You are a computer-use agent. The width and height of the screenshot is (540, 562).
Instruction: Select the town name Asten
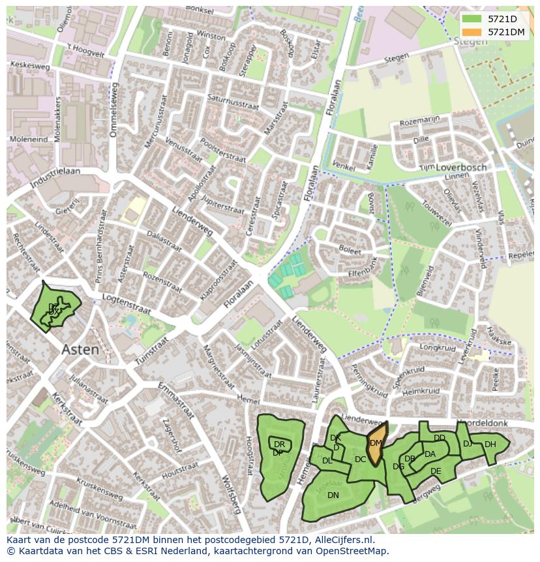pyautogui.click(x=80, y=350)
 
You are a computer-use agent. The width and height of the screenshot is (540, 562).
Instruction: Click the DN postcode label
pyautogui.click(x=333, y=495)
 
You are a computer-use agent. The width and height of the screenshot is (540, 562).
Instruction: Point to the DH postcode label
pyautogui.click(x=490, y=445)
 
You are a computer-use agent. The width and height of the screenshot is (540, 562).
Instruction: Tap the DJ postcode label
pyautogui.click(x=468, y=444)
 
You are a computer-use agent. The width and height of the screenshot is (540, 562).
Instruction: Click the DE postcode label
pyautogui.click(x=436, y=471)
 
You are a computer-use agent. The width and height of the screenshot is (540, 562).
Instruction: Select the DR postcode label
pyautogui.click(x=279, y=445)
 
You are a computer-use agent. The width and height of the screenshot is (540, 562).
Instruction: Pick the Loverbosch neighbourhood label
pyautogui.click(x=461, y=167)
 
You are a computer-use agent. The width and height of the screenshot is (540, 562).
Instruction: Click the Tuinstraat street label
pyautogui.click(x=151, y=351)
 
